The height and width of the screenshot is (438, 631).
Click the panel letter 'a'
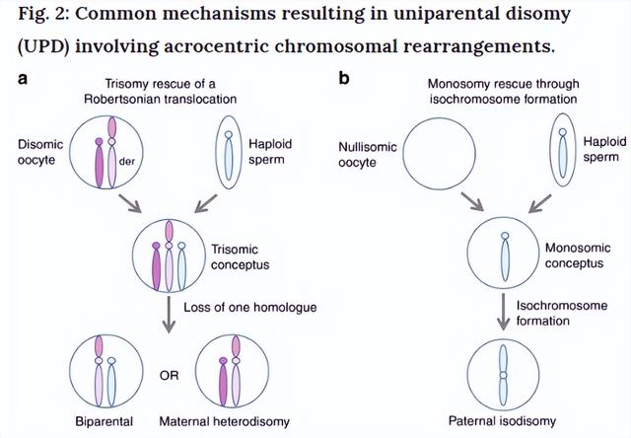pos(23,79)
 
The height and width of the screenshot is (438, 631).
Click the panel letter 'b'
pos(344,78)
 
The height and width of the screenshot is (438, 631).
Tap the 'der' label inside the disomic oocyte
pos(127,162)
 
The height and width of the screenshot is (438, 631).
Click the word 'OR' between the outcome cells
pos(169,376)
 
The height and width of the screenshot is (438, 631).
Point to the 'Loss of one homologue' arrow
pos(169,315)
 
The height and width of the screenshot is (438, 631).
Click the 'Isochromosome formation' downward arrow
pos(503,312)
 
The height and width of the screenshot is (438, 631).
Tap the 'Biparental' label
pos(105,421)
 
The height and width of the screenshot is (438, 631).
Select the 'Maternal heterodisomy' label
pos(224,421)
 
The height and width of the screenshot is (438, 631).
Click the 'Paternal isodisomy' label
pos(502,421)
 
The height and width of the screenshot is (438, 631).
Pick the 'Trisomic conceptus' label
pos(241,256)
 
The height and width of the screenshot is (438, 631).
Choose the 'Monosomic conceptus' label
pos(578,255)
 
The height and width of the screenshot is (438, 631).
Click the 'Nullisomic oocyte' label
pos(368,154)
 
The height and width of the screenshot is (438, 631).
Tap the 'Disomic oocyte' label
pos(40,152)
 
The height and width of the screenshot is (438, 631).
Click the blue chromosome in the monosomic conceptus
pos(505,256)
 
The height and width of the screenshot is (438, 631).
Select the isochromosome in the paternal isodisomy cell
pos(503,375)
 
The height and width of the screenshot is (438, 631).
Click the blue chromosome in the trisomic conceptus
pos(181,266)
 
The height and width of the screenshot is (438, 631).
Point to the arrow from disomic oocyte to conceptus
pos(129,203)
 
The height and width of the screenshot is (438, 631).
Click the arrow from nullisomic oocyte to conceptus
pos(472,201)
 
